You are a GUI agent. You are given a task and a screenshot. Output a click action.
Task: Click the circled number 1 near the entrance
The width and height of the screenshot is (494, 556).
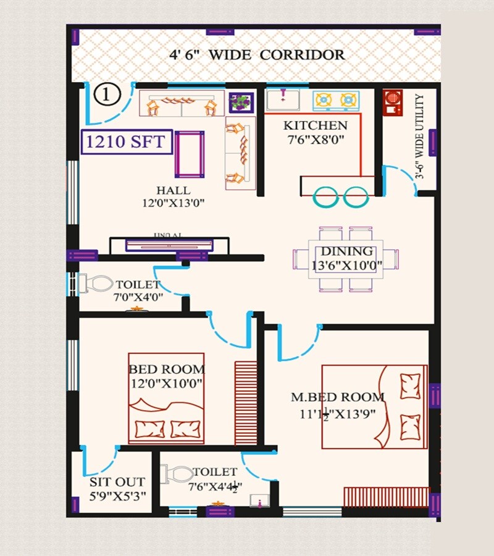coord(107,95)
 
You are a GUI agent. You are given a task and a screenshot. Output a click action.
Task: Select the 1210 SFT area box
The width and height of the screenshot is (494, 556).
coord(125,141)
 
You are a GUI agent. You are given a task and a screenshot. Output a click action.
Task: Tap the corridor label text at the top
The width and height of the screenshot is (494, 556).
coord(257,54)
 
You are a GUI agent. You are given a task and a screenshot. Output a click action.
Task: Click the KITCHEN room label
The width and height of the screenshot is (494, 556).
coord(315,125)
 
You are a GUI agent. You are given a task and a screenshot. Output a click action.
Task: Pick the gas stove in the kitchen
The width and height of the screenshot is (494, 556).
coord(336,99)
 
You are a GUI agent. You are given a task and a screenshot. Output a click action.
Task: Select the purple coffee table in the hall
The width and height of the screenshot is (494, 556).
coord(190,154)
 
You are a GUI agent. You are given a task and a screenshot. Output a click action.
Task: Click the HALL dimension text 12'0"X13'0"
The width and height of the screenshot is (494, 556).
coord(173,202)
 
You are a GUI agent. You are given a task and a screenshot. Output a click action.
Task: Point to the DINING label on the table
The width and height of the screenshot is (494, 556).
coord(346,251)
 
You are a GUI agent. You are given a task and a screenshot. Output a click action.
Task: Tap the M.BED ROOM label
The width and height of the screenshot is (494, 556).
coord(337,397)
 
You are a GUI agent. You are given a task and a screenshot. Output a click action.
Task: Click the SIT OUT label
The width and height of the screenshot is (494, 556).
coord(117,482)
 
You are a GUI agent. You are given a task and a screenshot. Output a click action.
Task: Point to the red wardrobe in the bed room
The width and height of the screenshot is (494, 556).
coord(246,402)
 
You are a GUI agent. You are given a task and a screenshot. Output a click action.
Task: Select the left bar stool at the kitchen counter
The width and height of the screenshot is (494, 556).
coord(325,197)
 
